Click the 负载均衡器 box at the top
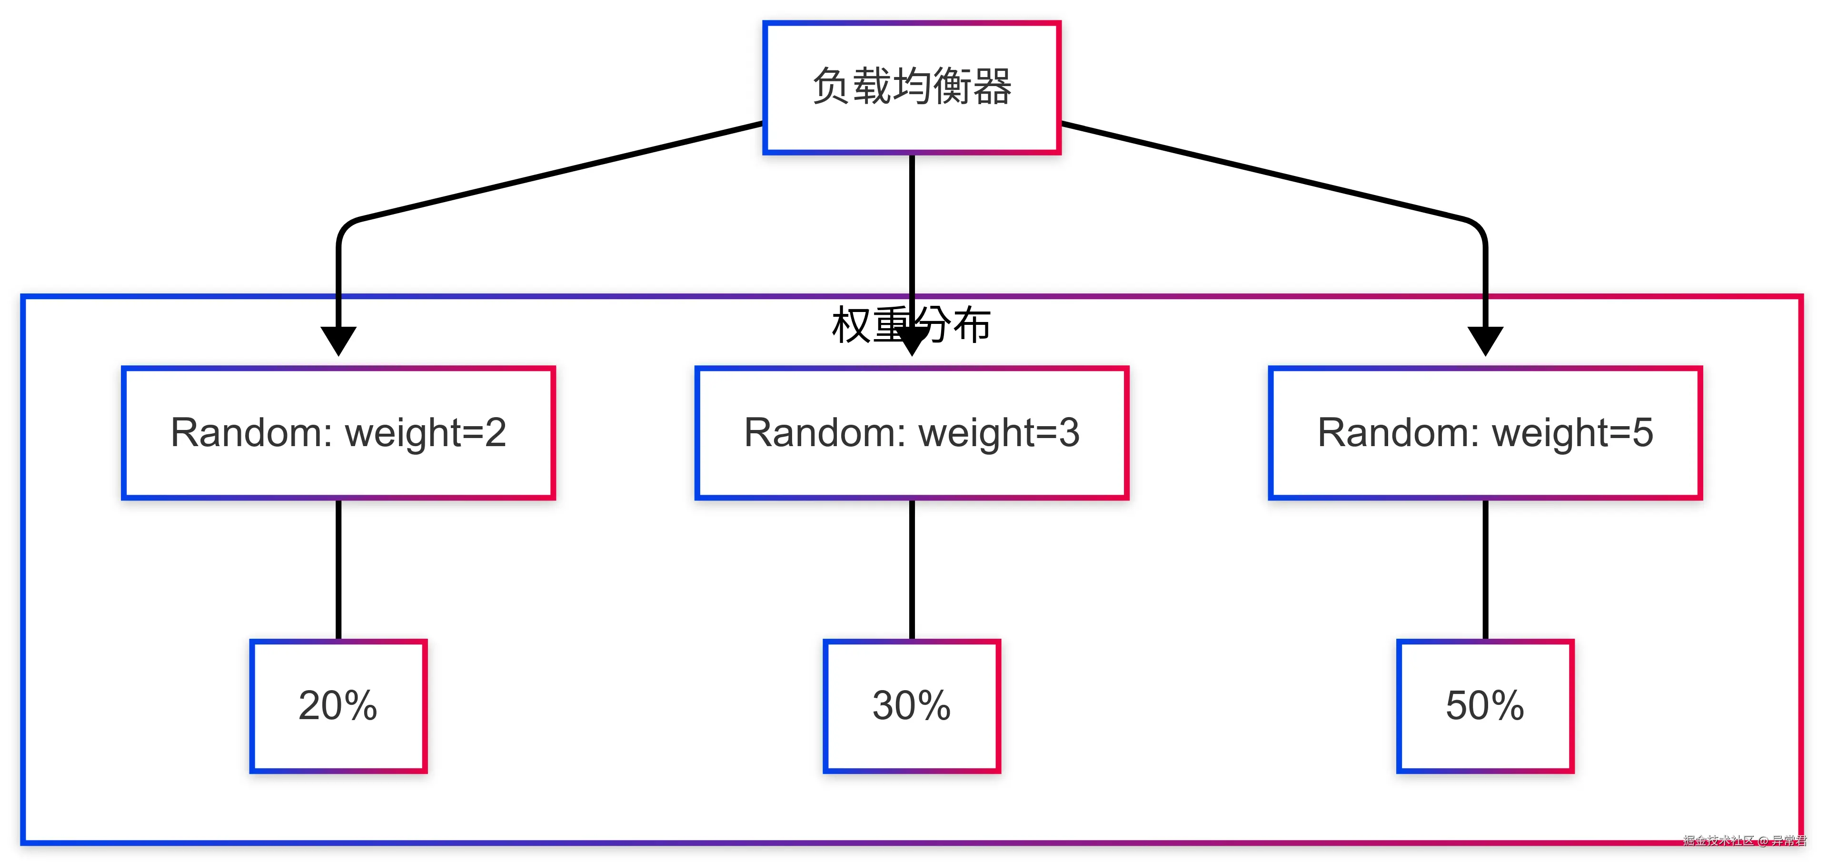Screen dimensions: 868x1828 [x=912, y=87]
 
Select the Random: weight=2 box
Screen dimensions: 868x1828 [x=338, y=433]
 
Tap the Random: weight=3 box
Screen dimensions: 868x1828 [x=912, y=433]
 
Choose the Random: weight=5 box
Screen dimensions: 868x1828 [x=1485, y=433]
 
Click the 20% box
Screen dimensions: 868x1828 [x=338, y=706]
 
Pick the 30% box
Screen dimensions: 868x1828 [x=912, y=706]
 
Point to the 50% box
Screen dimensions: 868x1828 [x=1485, y=706]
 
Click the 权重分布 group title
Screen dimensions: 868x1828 [x=873, y=325]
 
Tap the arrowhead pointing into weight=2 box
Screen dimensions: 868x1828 [x=338, y=341]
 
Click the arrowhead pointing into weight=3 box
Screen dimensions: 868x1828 [x=912, y=342]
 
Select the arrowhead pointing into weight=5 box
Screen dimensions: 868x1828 [x=1485, y=341]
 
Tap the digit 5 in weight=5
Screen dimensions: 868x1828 [x=1642, y=433]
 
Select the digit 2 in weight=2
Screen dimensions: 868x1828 [x=495, y=433]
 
